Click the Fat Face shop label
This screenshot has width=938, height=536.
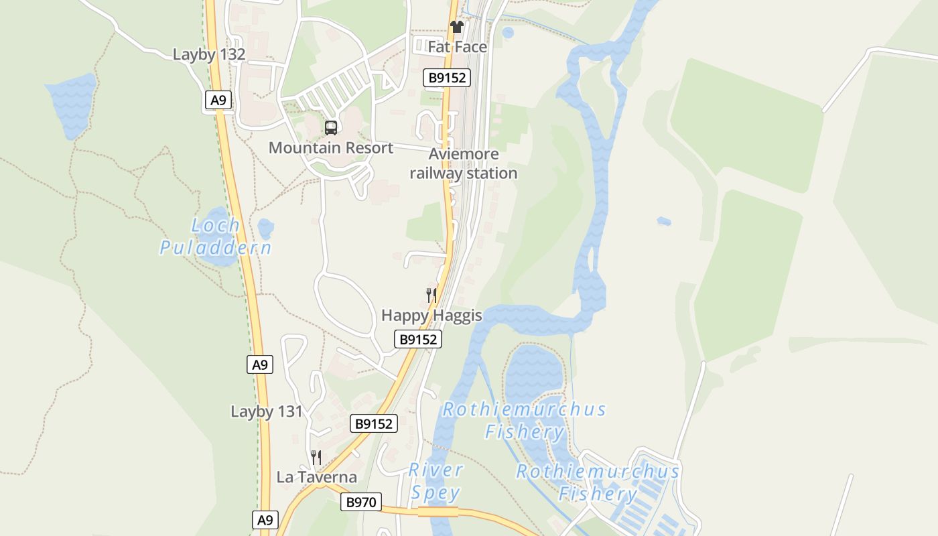click(x=457, y=47)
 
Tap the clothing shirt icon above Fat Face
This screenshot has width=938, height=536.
click(x=457, y=27)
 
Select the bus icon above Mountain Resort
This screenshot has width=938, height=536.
click(x=331, y=127)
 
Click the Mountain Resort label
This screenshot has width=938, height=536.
click(x=331, y=147)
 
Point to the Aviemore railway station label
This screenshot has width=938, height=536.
click(x=464, y=163)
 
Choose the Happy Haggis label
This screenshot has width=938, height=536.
click(x=431, y=315)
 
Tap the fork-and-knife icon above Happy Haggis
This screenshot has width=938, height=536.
click(x=431, y=295)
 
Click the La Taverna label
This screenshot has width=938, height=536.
click(x=317, y=477)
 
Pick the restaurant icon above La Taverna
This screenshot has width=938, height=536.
click(x=316, y=458)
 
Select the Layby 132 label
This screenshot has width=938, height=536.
click(x=209, y=54)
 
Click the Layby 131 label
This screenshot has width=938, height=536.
click(x=267, y=411)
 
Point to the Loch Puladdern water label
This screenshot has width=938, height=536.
click(x=216, y=236)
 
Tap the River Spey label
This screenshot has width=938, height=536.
click(x=435, y=482)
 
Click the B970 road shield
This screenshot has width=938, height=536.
click(x=361, y=502)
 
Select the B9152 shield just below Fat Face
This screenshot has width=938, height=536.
click(x=448, y=78)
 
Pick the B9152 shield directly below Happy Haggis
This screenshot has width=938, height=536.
click(x=418, y=339)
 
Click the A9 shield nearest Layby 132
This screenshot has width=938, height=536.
click(x=218, y=100)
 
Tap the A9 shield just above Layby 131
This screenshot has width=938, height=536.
click(x=260, y=364)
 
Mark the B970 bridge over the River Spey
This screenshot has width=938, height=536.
click(x=438, y=512)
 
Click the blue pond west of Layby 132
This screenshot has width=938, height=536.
click(x=71, y=104)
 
